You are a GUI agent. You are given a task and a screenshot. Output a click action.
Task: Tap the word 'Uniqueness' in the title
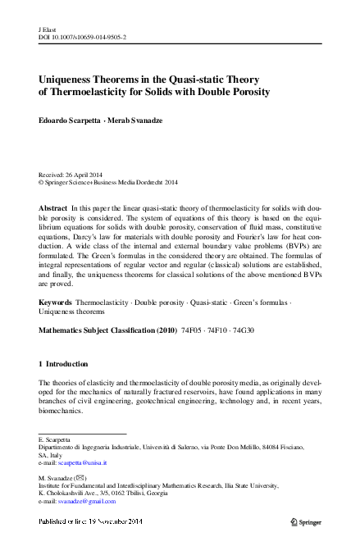coord(69,79)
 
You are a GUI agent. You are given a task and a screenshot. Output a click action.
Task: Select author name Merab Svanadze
coord(139,121)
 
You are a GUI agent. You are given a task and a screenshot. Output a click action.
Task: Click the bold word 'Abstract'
coord(53,210)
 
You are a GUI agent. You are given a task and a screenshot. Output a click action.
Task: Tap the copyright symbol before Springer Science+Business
coord(42,182)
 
